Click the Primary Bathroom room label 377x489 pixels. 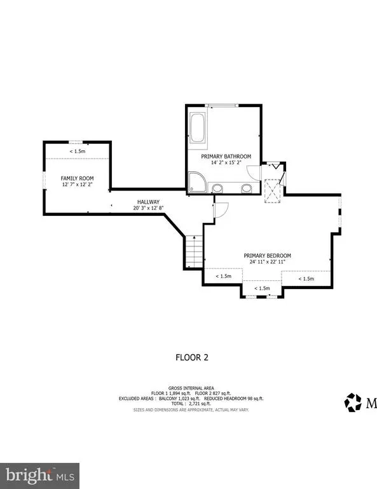click(226, 157)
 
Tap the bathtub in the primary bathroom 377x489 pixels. click(197, 128)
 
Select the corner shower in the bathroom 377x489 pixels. click(197, 182)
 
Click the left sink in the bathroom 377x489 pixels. click(217, 188)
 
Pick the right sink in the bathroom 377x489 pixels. click(246, 188)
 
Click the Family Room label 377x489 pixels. click(77, 178)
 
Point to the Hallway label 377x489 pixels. click(148, 202)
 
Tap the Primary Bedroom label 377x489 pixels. click(268, 256)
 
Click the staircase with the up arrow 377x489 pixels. click(195, 252)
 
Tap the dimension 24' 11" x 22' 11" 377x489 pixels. click(268, 262)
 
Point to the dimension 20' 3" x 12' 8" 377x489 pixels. click(148, 208)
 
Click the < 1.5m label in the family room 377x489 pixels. click(77, 152)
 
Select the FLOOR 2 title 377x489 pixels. click(192, 357)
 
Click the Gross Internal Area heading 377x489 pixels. click(191, 388)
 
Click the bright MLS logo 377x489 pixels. click(39, 476)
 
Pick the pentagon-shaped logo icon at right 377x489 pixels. click(353, 402)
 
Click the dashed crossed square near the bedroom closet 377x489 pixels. click(272, 191)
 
